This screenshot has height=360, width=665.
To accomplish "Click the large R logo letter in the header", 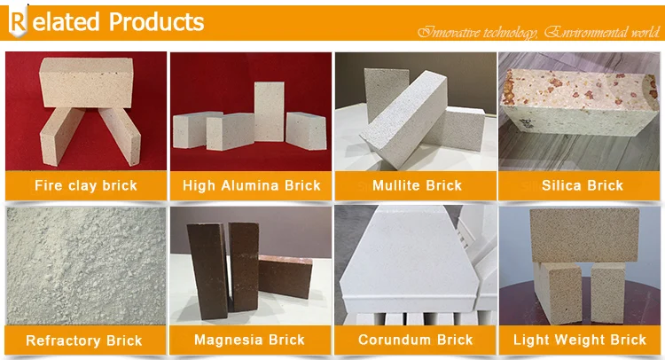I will click(18, 22).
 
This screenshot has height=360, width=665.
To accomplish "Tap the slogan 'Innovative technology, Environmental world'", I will click(539, 33).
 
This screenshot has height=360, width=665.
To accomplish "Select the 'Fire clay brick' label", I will click(86, 186).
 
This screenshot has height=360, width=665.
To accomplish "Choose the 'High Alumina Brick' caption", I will click(251, 186).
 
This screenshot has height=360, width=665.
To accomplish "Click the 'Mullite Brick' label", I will click(417, 186).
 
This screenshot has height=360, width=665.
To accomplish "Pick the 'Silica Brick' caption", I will click(582, 186).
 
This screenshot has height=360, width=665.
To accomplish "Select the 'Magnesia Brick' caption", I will click(250, 340).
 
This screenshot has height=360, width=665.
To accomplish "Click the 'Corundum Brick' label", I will click(416, 340).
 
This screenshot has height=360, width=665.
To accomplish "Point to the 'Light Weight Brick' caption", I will click(581, 340).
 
